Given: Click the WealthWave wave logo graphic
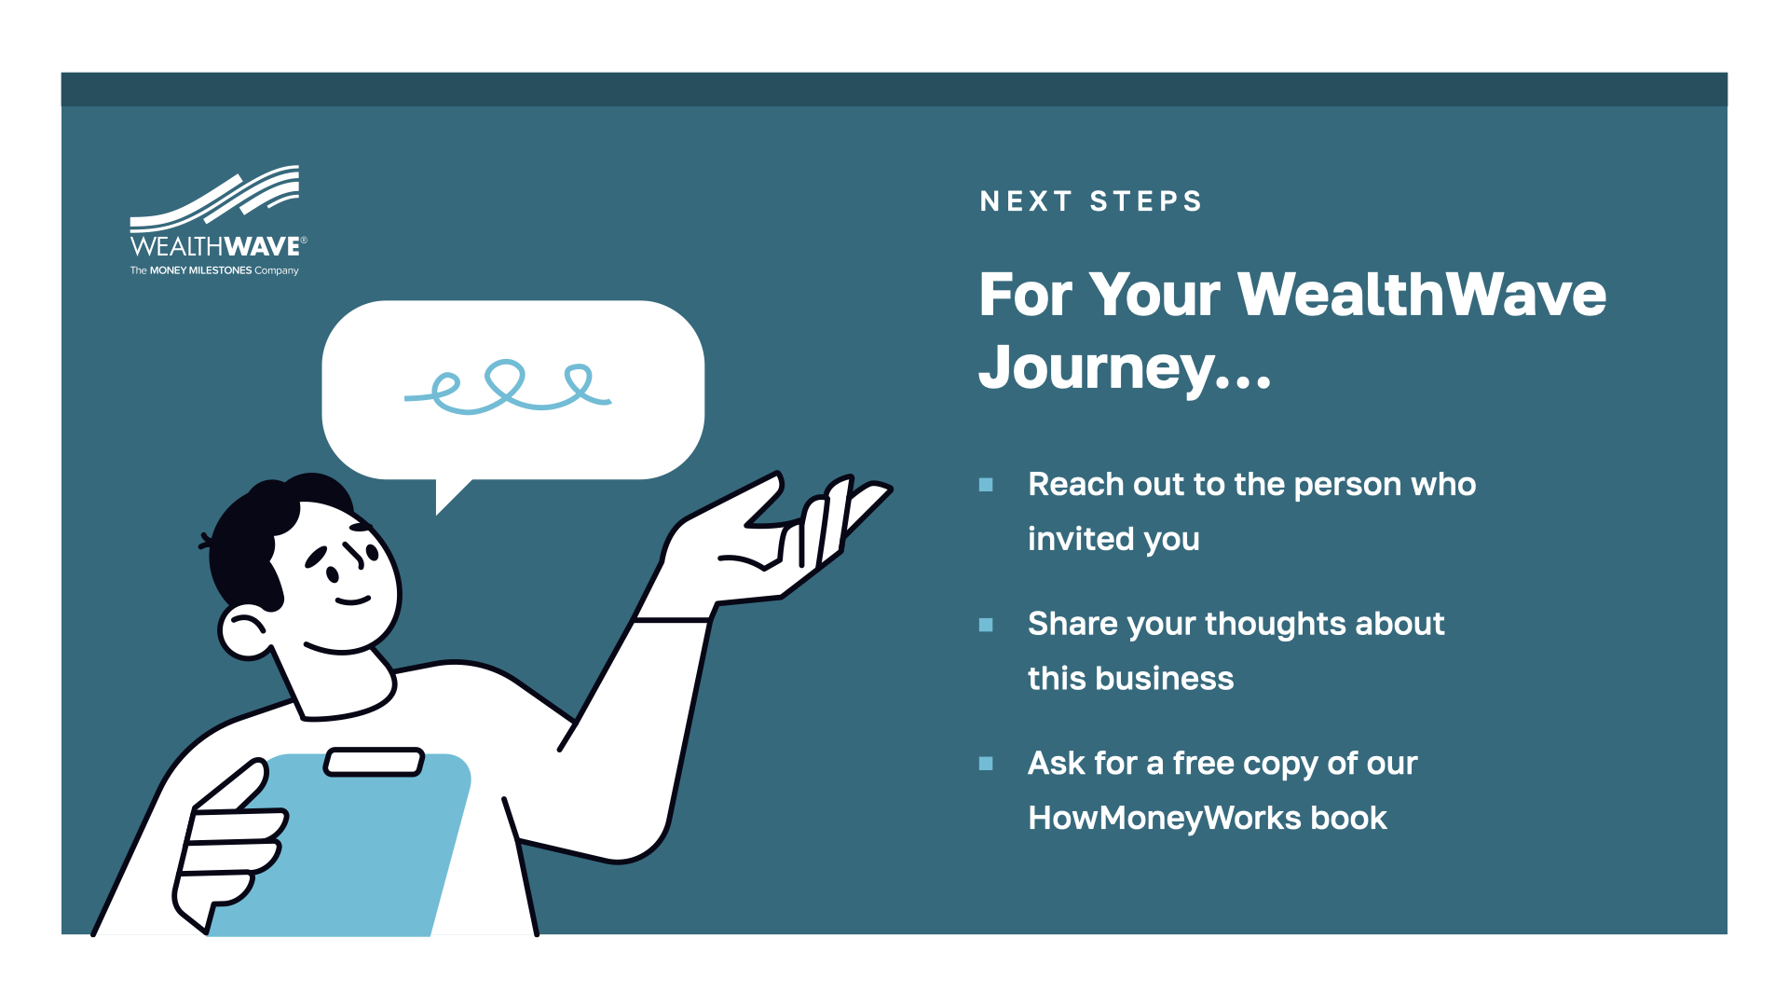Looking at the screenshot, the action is point(214,199).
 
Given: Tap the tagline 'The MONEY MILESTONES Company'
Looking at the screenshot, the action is point(214,270).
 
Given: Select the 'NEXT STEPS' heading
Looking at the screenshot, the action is point(1091,201).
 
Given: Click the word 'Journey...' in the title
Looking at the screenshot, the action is point(1125,369).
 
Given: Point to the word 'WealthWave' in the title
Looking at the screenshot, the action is point(1422,295).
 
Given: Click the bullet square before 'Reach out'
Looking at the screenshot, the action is point(986,485).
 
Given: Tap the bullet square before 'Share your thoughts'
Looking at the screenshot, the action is point(986,625).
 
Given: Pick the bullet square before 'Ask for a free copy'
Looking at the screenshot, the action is point(986,764).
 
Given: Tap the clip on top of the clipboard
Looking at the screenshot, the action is point(374,762).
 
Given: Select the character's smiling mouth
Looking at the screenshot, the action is point(352,600).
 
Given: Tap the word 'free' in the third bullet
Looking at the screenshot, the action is point(1203,763).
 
